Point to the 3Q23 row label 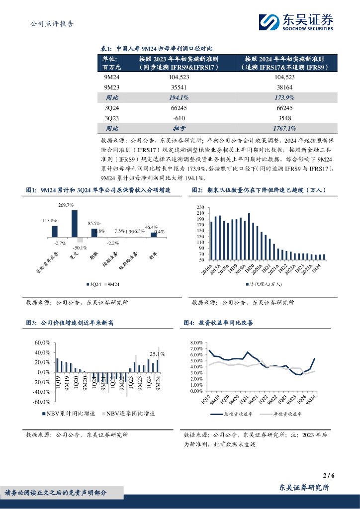[112, 118]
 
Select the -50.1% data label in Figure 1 [80, 247]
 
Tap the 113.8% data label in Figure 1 [49, 220]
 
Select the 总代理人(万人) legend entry [262, 284]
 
